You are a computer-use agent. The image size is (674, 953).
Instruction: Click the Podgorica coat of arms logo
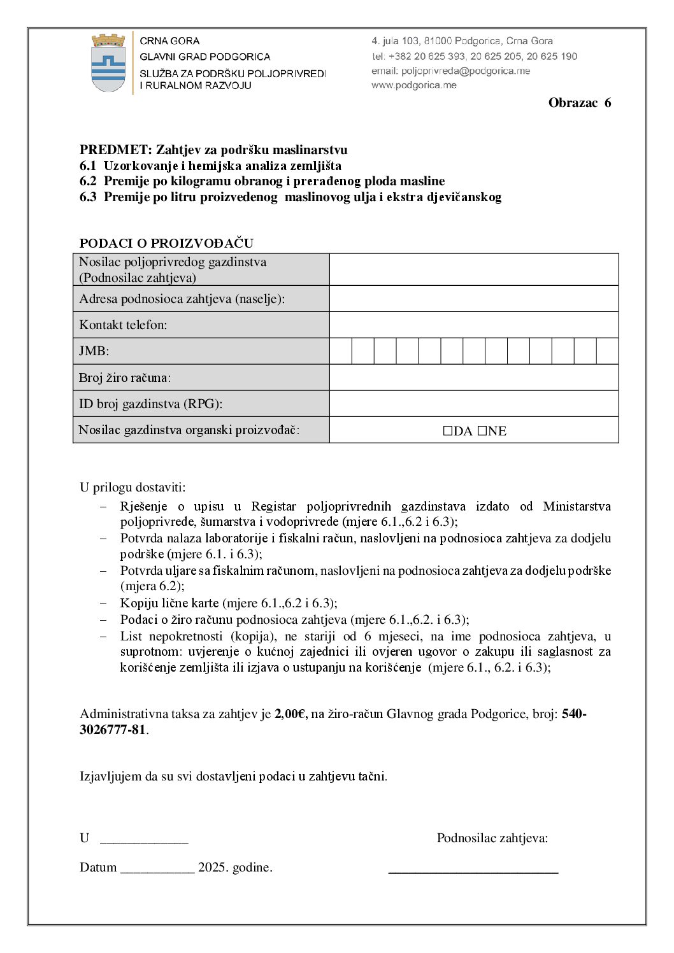coord(108,63)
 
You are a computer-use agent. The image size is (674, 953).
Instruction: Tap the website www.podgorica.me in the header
coord(414,85)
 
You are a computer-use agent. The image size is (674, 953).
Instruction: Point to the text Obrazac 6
coord(579,103)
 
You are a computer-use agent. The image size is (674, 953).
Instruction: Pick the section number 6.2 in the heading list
coord(88,181)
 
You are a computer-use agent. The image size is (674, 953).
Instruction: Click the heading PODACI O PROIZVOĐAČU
coord(166,243)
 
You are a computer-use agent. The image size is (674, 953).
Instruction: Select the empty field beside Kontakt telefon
coord(473,325)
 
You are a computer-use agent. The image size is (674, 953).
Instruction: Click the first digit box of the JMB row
coord(341,351)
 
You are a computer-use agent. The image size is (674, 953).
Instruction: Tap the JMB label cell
coord(201,351)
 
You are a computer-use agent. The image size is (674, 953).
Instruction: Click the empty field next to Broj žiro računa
coord(473,378)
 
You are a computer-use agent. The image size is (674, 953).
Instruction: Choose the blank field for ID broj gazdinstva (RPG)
coord(473,404)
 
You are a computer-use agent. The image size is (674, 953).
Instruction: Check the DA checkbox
coord(448,431)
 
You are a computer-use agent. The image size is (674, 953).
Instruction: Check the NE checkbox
coord(482,431)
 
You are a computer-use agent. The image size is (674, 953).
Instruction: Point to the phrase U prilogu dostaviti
coord(133,488)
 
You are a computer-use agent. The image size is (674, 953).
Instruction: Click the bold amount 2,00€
coord(290,714)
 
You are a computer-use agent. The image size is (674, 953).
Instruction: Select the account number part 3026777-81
coord(113,730)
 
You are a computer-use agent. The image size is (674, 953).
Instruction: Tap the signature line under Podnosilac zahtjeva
coord(473,872)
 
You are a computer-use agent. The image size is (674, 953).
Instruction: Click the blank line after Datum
coord(157,871)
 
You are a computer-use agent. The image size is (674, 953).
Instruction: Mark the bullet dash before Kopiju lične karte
coord(103,603)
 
